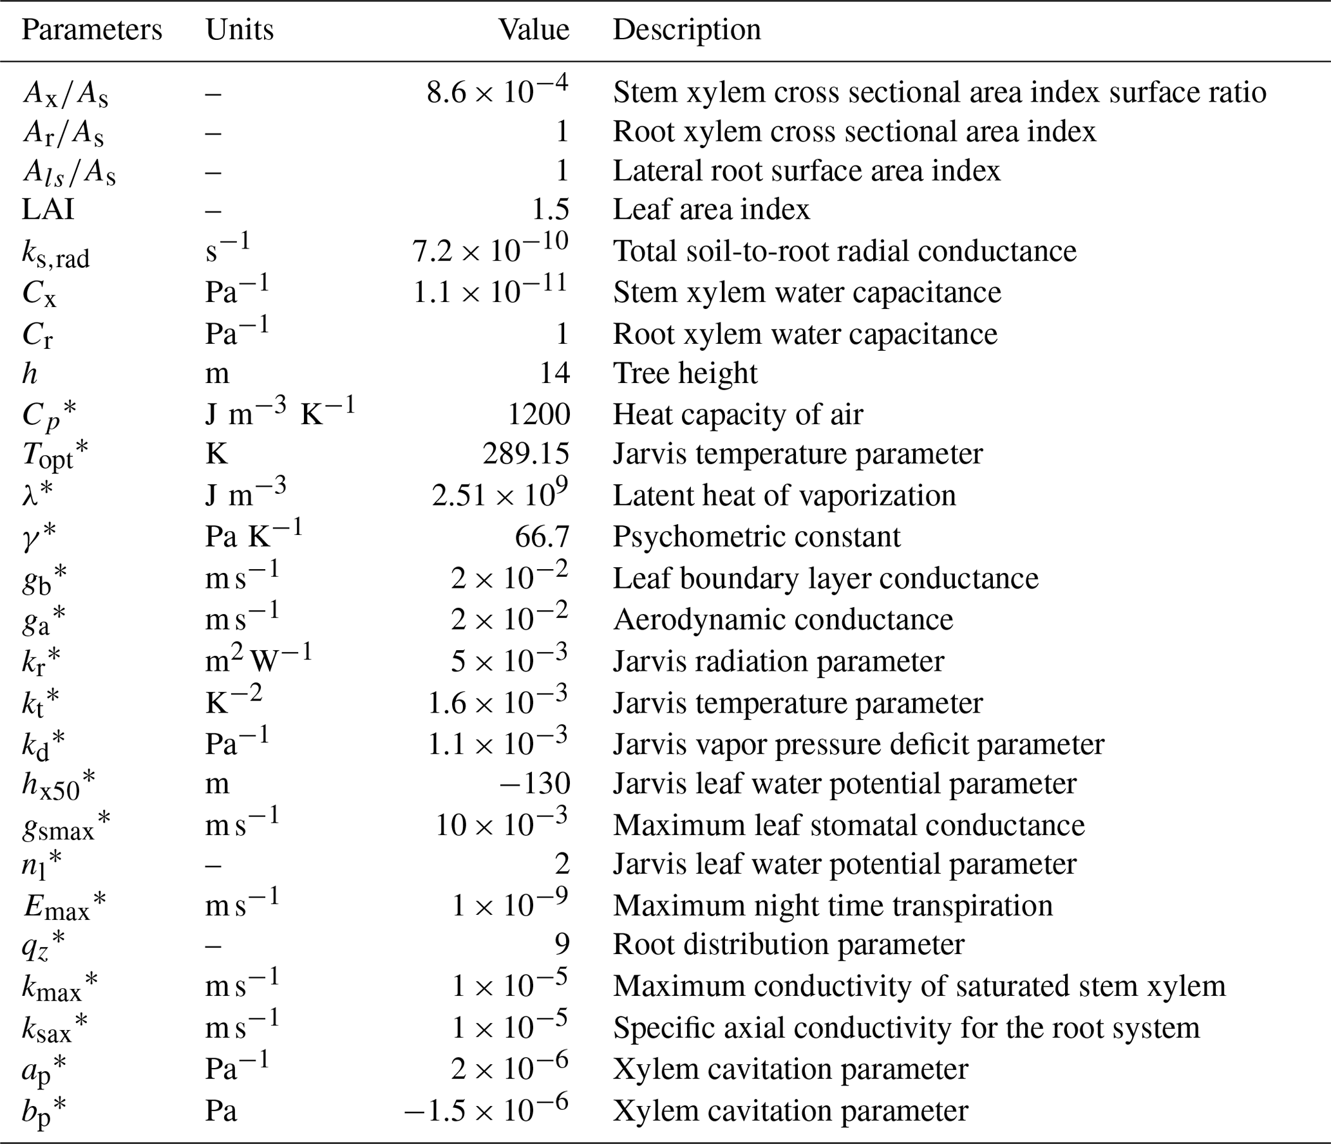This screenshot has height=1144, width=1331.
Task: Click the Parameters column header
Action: [91, 30]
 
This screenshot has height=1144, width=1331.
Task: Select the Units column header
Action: [240, 30]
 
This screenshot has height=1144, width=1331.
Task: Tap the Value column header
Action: [534, 30]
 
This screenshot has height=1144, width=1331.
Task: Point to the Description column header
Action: [686, 30]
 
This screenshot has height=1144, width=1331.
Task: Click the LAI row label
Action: [48, 210]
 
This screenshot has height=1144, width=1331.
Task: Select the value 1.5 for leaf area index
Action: [550, 210]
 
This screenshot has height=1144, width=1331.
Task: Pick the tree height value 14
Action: [554, 373]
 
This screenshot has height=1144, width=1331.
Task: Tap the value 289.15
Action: [525, 455]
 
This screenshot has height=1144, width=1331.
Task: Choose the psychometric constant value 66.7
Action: [542, 537]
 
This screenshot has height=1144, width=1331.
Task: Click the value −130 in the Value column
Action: [534, 784]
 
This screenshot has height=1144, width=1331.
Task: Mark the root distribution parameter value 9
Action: [562, 944]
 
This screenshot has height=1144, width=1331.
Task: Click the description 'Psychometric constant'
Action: [756, 537]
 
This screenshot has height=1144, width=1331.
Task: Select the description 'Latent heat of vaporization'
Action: [784, 496]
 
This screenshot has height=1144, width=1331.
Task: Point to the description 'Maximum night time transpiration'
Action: [833, 906]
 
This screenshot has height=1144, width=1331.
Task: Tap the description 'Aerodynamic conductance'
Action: [782, 619]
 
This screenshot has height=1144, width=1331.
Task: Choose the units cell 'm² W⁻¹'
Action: [258, 661]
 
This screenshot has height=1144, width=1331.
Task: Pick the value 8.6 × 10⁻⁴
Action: [497, 91]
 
